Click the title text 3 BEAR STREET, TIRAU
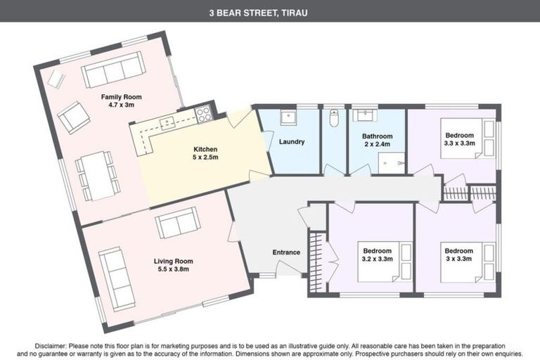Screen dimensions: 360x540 (x=270, y=12)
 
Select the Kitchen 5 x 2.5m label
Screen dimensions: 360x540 (x=205, y=153)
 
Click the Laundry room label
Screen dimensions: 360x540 (x=291, y=141)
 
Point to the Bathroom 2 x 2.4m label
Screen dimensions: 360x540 (x=377, y=140)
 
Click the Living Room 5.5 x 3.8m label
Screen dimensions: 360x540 (x=172, y=264)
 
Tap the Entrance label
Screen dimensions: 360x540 (x=286, y=252)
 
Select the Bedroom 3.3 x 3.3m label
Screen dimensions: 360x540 (x=458, y=139)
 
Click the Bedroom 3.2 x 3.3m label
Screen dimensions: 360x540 (x=378, y=255)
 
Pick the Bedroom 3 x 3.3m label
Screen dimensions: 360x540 (x=458, y=255)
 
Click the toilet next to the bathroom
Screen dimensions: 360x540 (x=334, y=119)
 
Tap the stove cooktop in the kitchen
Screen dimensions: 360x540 (x=203, y=115)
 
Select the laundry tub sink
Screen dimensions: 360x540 (x=288, y=117)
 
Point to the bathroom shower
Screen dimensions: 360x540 (x=392, y=163)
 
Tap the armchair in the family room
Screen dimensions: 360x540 (x=73, y=117)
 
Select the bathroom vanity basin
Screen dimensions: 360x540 (x=365, y=116)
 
